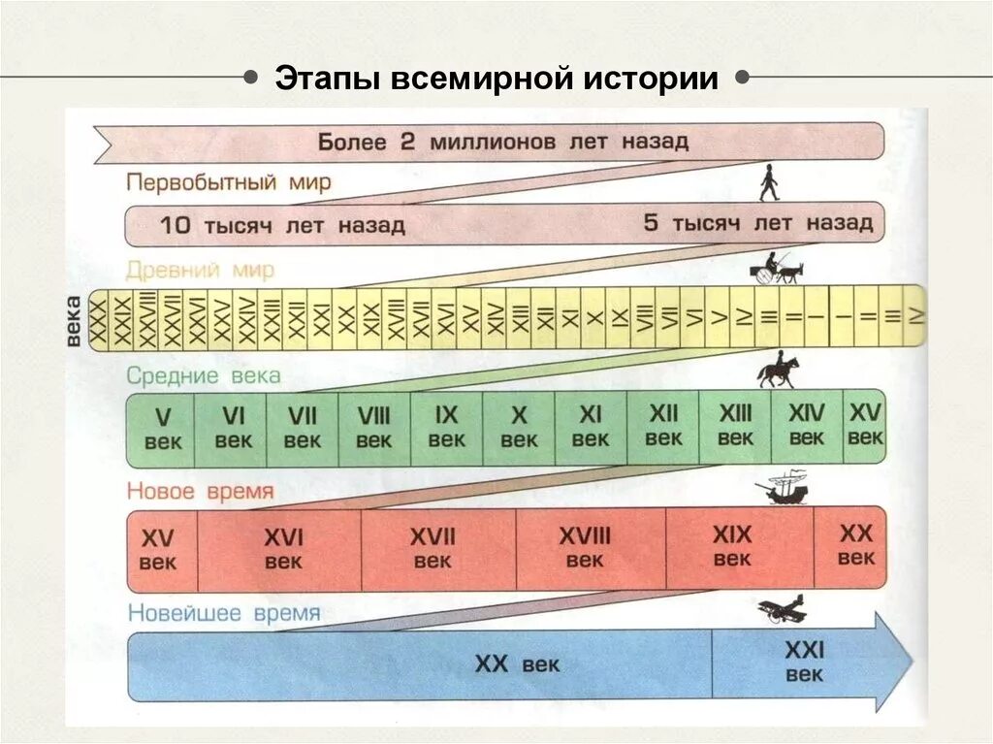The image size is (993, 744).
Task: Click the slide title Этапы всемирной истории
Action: point(496,79)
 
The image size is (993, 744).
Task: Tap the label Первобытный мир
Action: point(228,182)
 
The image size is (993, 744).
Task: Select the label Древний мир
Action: point(200,270)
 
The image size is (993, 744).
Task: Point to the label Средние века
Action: point(204,374)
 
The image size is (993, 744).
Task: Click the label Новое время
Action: point(200,492)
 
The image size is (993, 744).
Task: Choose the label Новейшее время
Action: point(223,614)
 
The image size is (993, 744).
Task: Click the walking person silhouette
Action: point(768,182)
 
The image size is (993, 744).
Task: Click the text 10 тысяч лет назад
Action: point(282,226)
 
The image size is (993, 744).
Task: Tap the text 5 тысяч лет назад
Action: point(758,223)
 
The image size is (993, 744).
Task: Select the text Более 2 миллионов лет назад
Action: point(502,142)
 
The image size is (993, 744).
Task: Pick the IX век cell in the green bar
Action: point(446,427)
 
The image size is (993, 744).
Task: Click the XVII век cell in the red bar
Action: point(432,548)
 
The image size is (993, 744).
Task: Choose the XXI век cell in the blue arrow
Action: point(804,662)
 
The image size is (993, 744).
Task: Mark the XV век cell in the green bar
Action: point(865,425)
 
